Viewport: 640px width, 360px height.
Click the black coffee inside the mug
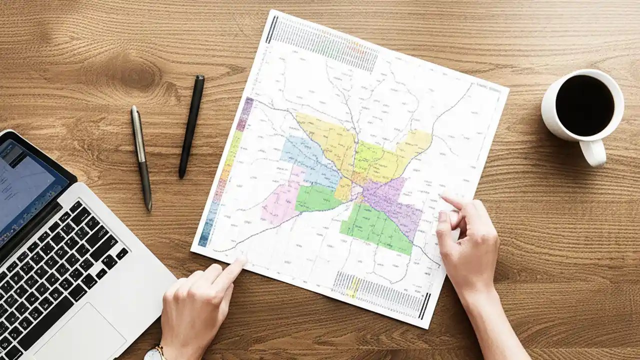(584, 105)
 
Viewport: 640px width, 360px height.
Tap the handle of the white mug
(593, 152)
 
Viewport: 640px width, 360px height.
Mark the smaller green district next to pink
(317, 197)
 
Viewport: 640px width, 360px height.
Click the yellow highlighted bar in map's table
(354, 287)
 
